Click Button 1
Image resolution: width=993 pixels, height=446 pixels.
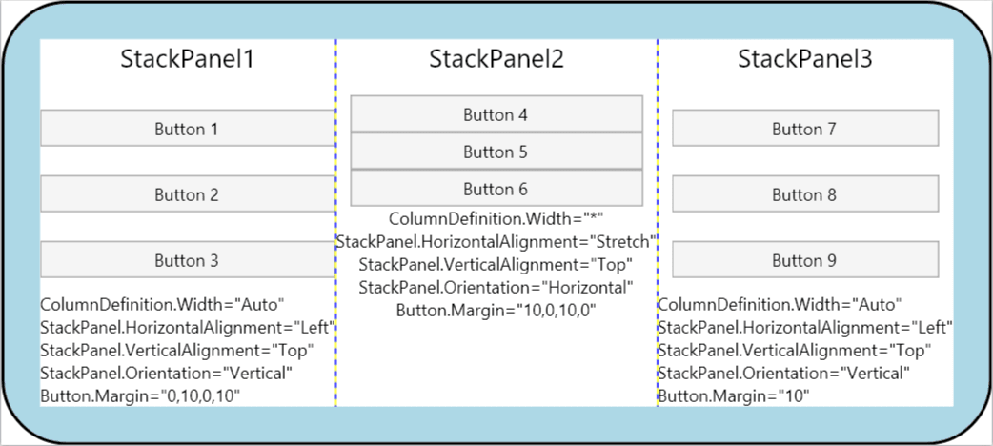pyautogui.click(x=187, y=129)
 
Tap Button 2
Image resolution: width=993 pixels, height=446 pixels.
pyautogui.click(x=187, y=194)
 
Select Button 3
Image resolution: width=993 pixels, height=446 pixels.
pyautogui.click(x=187, y=260)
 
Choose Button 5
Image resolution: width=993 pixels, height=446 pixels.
pyautogui.click(x=496, y=152)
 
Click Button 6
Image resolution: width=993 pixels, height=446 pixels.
pyautogui.click(x=496, y=189)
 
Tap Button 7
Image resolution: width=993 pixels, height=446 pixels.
pyautogui.click(x=804, y=129)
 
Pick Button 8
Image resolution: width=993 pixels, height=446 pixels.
pyautogui.click(x=804, y=194)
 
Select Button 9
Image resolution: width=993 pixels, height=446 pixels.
pyautogui.click(x=804, y=260)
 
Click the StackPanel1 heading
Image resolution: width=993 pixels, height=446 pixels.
pyautogui.click(x=187, y=59)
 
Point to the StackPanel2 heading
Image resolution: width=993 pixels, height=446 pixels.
pyautogui.click(x=496, y=59)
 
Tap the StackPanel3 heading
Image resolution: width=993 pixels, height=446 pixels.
pyautogui.click(x=804, y=59)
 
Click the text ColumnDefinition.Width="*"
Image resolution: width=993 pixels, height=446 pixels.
pyautogui.click(x=496, y=219)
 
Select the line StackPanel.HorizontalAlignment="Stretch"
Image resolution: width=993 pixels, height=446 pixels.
pyautogui.click(x=496, y=242)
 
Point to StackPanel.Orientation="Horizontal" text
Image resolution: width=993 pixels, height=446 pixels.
pyautogui.click(x=496, y=287)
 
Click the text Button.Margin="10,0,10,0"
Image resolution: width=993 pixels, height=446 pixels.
pyautogui.click(x=496, y=310)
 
